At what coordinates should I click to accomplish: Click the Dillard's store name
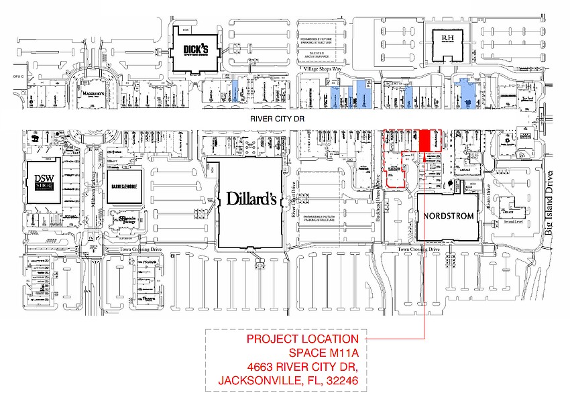[x=251, y=199]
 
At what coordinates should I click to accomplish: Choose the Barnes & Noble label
[x=123, y=189]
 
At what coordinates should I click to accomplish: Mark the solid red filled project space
[x=424, y=140]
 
